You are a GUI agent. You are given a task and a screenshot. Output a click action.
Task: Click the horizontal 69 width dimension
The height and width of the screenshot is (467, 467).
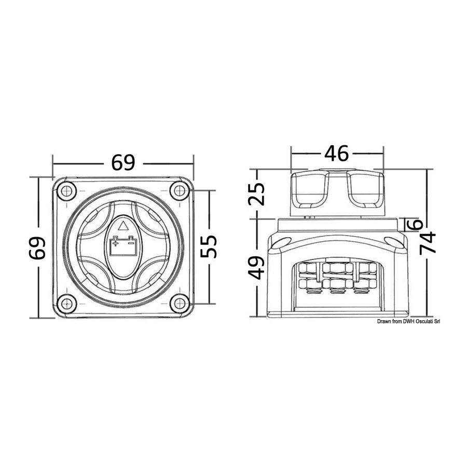point(123,162)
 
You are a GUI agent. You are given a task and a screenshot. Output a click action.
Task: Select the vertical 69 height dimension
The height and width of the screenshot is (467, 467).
point(37,248)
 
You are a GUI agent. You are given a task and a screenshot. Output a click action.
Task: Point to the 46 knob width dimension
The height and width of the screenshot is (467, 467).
point(336,154)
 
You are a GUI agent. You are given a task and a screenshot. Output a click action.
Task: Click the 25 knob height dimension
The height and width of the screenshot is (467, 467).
point(256,194)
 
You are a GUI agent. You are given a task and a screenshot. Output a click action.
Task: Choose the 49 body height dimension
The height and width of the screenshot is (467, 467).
point(256,268)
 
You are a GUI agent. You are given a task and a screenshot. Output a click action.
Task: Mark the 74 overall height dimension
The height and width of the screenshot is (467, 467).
point(428,243)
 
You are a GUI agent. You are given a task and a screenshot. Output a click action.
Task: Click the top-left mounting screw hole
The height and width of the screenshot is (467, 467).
point(67,190)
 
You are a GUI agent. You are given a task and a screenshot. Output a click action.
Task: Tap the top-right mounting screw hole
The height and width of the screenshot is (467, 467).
point(180,190)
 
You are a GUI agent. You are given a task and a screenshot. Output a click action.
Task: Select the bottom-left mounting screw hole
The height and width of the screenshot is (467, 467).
point(67,304)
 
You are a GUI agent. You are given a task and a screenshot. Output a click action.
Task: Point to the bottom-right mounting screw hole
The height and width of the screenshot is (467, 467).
point(180,304)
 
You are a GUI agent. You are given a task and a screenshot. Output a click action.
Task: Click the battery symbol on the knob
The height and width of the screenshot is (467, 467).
point(123,246)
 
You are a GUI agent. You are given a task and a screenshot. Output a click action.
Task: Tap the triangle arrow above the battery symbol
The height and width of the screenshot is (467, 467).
point(123,226)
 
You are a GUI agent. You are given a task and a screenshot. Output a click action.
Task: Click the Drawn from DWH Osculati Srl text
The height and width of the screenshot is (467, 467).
point(408,321)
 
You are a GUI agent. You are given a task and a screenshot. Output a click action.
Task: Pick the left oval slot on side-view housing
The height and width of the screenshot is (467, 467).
point(281,242)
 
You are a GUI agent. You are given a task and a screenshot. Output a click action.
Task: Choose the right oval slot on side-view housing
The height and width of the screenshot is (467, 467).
point(394,242)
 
